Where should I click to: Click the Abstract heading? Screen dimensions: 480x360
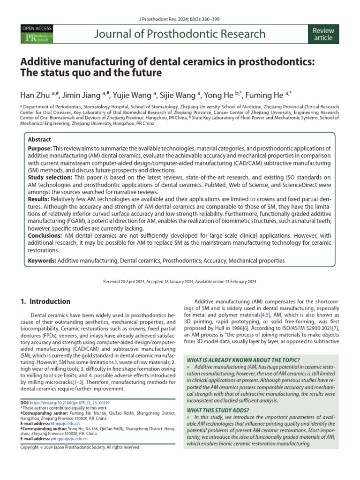[x=39, y=140]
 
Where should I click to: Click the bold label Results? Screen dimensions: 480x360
[x=41, y=199]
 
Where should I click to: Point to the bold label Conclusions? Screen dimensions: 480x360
[x=45, y=235]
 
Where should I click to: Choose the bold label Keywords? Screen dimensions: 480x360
[x=42, y=260]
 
